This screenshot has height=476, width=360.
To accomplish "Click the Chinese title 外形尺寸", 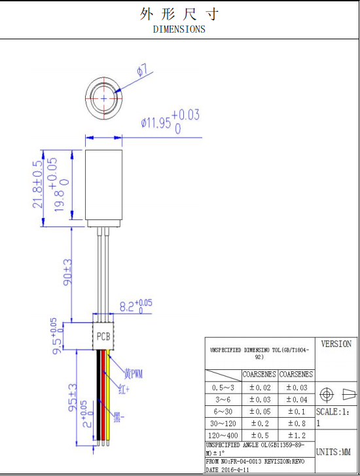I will [x=179, y=14].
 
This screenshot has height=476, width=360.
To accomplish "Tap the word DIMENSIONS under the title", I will [x=179, y=29].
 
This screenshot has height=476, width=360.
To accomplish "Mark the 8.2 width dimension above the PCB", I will [x=135, y=305].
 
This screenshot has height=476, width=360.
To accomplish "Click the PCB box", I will [x=103, y=337].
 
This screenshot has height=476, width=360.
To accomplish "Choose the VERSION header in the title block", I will [x=336, y=344].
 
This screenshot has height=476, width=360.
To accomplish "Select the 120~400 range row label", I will [x=223, y=435].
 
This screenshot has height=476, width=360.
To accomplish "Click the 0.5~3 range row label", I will [x=223, y=388].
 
